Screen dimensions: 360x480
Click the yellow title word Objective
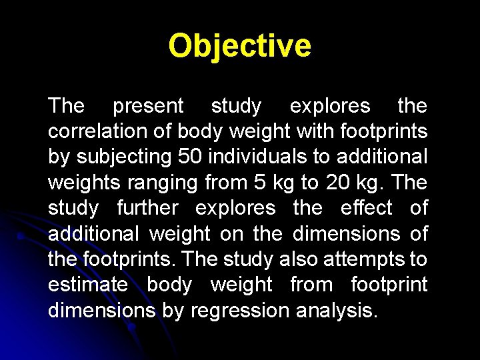tap(239, 46)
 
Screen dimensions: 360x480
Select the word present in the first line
tap(147, 106)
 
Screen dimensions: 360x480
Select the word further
tap(147, 208)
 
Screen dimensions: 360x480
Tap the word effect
tap(362, 208)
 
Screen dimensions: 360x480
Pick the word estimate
tap(87, 284)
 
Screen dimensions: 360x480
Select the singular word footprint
tap(389, 284)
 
